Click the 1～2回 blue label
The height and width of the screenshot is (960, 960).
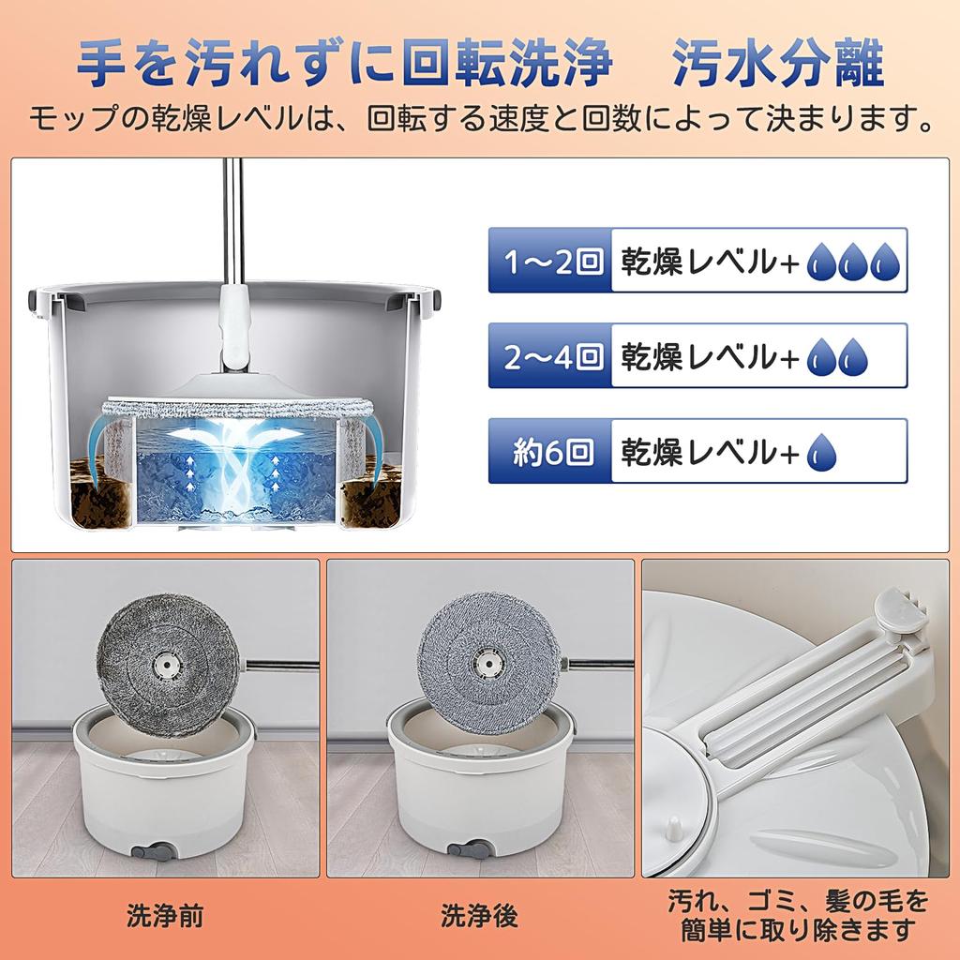click(549, 260)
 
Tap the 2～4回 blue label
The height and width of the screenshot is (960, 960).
click(549, 355)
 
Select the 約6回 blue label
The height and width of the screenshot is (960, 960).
click(549, 451)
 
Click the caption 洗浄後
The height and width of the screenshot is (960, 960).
click(479, 915)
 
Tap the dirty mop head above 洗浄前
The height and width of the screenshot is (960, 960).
click(164, 661)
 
